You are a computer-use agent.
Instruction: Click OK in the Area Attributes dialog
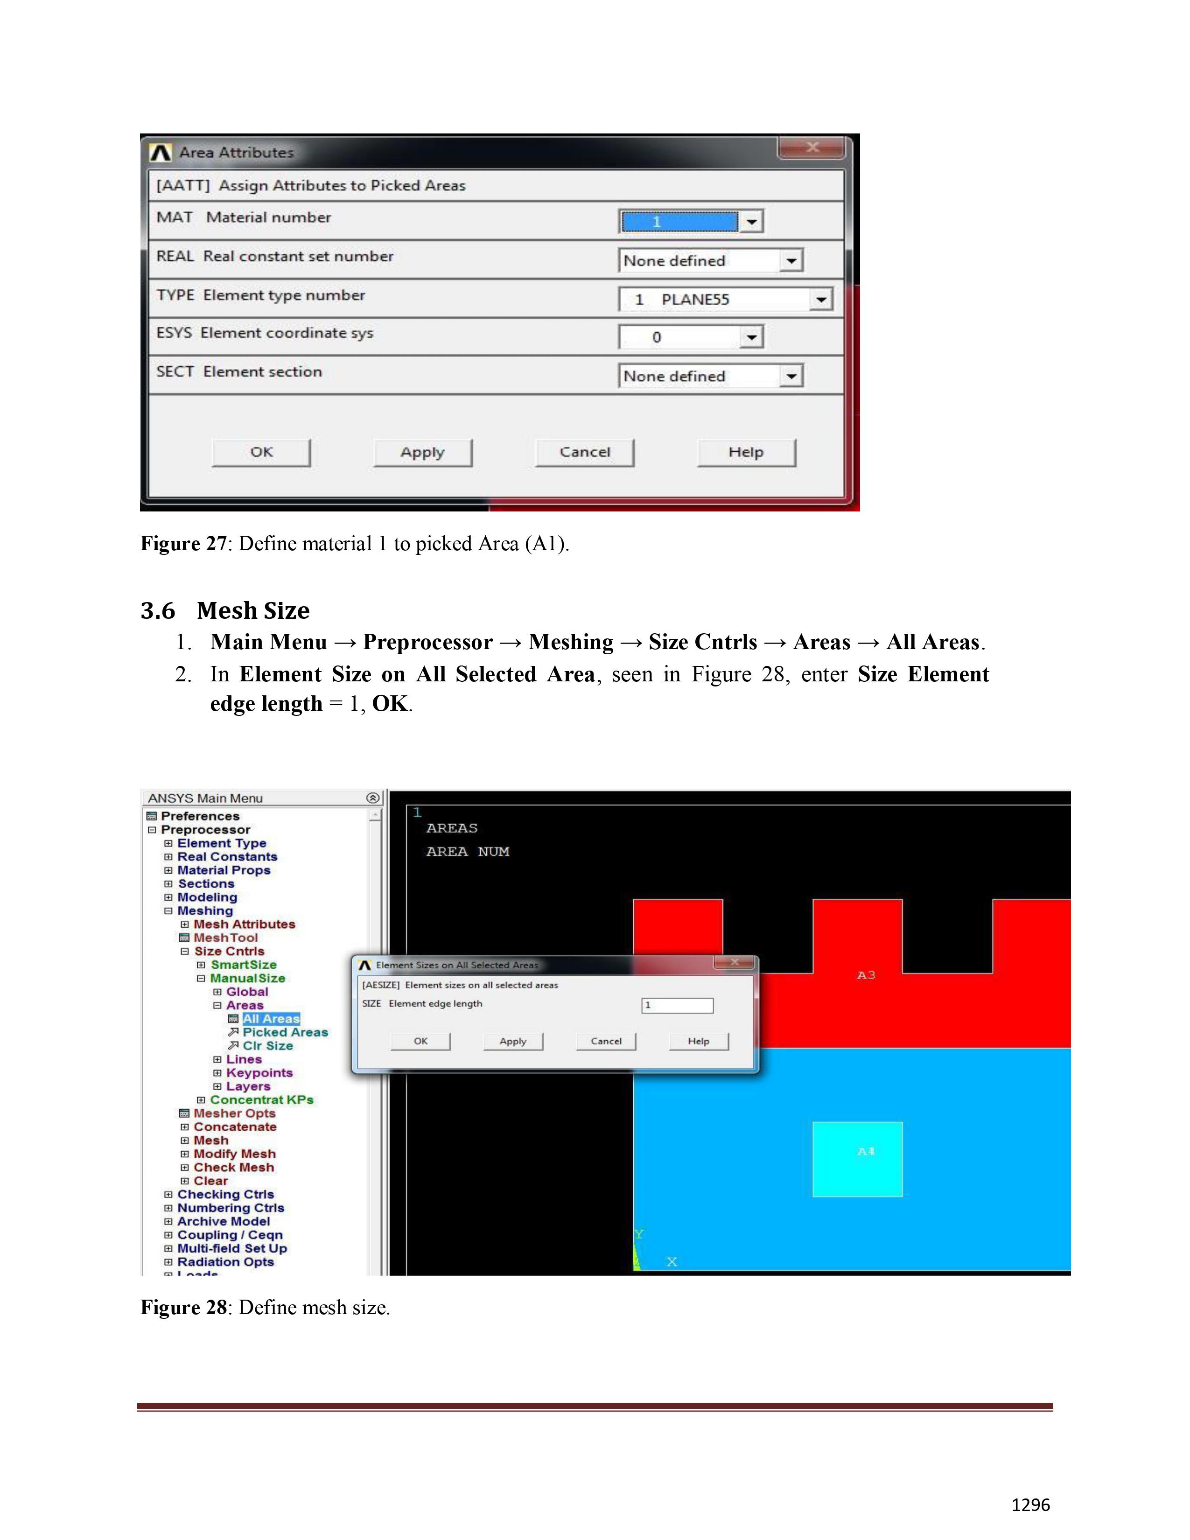tap(261, 452)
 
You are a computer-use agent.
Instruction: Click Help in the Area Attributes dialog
tap(746, 452)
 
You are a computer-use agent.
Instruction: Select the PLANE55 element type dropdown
tap(725, 299)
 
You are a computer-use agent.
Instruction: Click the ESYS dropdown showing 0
tap(690, 337)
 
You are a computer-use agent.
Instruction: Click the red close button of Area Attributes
tap(812, 147)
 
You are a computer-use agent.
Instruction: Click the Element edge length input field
tap(677, 1006)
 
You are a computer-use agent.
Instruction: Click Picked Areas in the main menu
tap(285, 1032)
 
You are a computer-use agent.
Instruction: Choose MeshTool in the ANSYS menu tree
tap(225, 938)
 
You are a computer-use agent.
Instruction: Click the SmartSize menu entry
tap(243, 965)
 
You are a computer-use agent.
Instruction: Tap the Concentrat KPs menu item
tap(261, 1100)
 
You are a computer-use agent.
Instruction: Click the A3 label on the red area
tap(866, 975)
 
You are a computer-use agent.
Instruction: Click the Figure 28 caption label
tap(183, 1308)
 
